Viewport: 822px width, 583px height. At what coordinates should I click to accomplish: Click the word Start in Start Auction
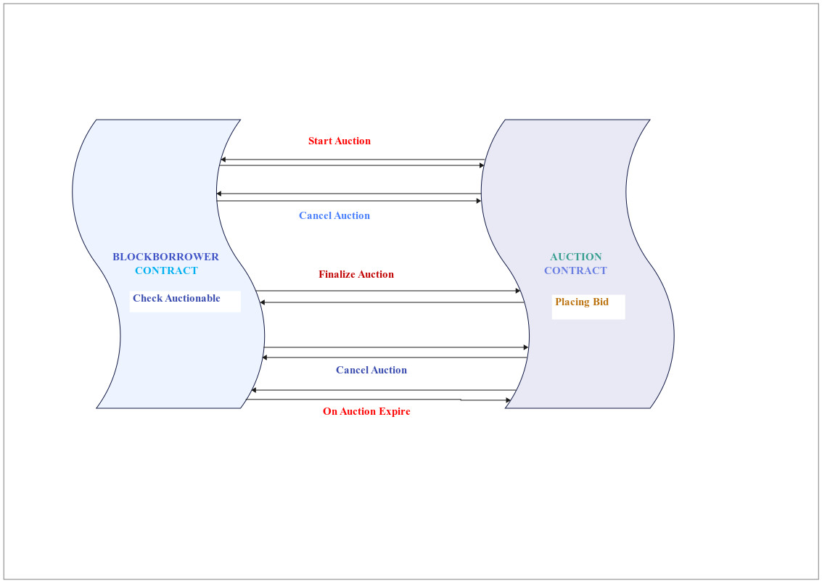(321, 141)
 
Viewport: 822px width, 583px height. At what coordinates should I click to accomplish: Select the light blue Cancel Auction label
(334, 216)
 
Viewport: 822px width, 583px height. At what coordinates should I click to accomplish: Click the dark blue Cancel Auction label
(371, 371)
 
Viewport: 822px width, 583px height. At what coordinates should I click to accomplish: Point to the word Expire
(394, 412)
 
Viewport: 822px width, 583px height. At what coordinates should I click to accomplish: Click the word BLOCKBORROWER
(165, 257)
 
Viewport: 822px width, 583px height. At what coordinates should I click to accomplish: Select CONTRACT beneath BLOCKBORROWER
(166, 271)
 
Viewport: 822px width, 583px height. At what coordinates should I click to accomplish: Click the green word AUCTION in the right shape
(576, 257)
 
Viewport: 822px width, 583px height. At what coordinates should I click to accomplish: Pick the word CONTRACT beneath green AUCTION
(575, 271)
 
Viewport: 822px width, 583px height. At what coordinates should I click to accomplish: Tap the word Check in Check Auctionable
(148, 299)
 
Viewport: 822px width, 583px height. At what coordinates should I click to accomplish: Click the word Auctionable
(192, 299)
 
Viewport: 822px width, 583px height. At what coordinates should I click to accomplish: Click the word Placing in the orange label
(572, 302)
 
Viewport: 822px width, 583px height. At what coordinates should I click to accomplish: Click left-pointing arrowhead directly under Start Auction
(223, 160)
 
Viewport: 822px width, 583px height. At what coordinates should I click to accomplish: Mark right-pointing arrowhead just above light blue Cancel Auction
(477, 201)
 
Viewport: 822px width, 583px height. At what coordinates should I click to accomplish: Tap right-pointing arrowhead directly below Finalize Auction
(518, 291)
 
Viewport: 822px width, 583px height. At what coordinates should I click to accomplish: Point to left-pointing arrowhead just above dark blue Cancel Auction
(265, 357)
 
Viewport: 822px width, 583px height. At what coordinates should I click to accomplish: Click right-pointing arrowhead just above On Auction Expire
(508, 400)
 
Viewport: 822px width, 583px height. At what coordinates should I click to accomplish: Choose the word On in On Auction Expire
(330, 412)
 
